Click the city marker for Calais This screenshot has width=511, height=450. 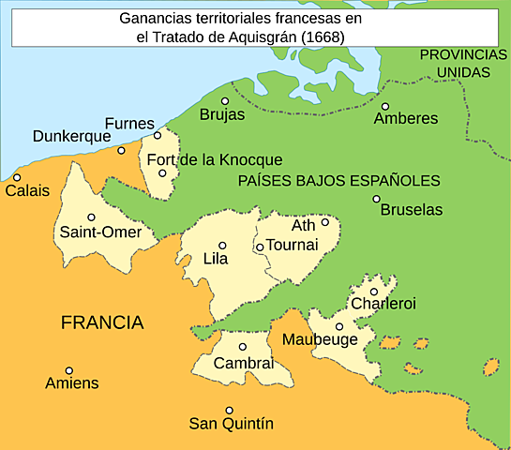pyautogui.click(x=17, y=177)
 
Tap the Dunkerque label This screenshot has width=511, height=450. pyautogui.click(x=71, y=136)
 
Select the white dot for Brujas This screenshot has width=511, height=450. pyautogui.click(x=225, y=101)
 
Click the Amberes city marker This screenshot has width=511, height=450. pyautogui.click(x=384, y=106)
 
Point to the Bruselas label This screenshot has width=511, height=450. pyautogui.click(x=412, y=210)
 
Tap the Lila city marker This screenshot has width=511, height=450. pyautogui.click(x=222, y=246)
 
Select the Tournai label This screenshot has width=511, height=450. pyautogui.click(x=293, y=245)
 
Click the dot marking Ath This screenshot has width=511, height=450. pyautogui.click(x=325, y=222)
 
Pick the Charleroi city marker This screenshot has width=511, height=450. pyautogui.click(x=373, y=277)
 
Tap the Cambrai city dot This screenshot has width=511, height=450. pyautogui.click(x=242, y=347)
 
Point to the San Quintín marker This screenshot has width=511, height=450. pyautogui.click(x=230, y=410)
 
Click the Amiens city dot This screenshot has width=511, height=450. pyautogui.click(x=68, y=370)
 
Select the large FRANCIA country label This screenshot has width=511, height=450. pyautogui.click(x=102, y=323)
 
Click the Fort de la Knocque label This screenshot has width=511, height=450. pyautogui.click(x=215, y=160)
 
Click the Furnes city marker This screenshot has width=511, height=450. pyautogui.click(x=158, y=135)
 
